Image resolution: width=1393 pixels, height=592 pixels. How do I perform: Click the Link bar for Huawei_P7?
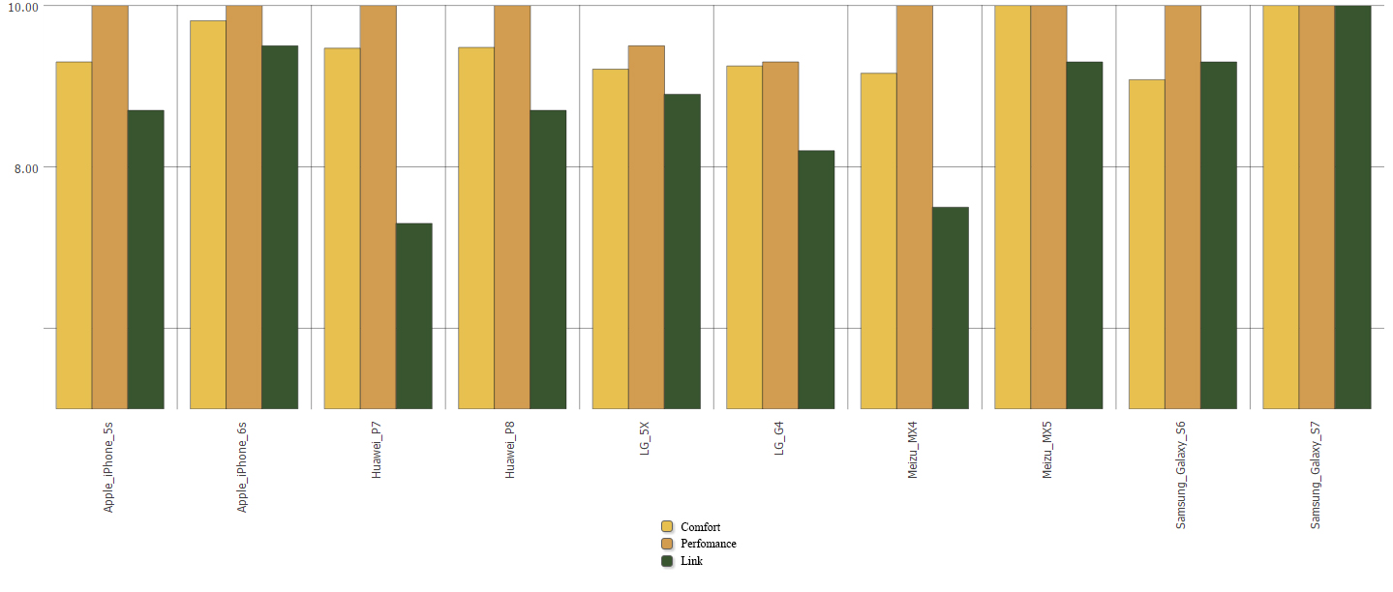coord(413,316)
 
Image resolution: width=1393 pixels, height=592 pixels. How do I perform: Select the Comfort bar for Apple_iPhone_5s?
coord(74,235)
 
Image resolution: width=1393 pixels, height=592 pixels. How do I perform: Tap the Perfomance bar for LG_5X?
coord(646,227)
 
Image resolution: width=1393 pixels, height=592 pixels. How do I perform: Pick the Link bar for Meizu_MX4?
coord(951,308)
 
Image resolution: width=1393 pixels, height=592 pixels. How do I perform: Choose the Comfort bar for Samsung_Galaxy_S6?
coord(1146,244)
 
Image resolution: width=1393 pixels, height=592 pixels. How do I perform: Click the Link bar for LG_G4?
coord(816,280)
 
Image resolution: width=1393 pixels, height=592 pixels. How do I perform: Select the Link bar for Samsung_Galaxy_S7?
coord(1352,207)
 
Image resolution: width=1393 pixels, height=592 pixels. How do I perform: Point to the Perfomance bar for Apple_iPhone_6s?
coord(244,207)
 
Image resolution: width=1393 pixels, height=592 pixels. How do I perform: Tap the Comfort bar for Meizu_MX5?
coord(1012,207)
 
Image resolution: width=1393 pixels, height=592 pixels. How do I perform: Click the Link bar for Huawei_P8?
coord(548,259)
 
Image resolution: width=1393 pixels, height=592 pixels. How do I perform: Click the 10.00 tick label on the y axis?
coord(21,7)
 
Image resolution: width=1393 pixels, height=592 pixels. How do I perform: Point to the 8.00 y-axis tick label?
coord(26,168)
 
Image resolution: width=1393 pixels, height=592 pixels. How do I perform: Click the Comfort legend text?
coord(700,527)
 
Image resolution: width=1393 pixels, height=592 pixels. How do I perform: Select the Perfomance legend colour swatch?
coord(667,544)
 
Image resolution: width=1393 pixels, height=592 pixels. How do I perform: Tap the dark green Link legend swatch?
coord(667,561)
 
